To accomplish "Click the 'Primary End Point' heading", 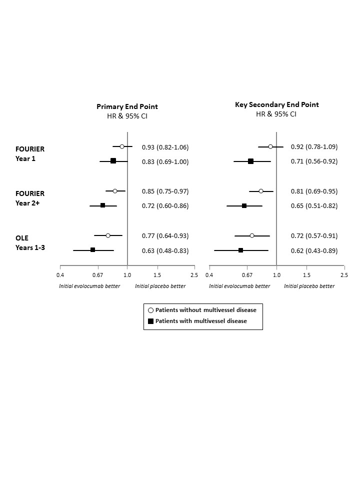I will point(127,106).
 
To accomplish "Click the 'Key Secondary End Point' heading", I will point(276,105).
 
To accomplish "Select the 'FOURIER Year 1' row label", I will point(29,153).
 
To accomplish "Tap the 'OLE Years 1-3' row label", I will point(30,242).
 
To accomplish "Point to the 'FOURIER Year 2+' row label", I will point(29,198).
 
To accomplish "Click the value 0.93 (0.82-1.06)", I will point(165,147).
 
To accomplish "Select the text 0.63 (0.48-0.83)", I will point(165,250).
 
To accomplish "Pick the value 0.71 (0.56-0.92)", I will point(314,161).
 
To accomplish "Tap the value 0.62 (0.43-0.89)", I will point(314,250).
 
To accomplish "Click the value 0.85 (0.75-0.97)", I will point(165,191).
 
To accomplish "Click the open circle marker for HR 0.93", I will point(122,146).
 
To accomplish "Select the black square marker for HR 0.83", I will point(113,161).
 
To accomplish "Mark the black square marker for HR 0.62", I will point(240,250).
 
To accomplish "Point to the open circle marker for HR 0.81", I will point(261,191).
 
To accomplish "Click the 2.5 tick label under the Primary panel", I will point(194,275).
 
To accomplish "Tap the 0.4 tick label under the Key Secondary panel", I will point(209,275).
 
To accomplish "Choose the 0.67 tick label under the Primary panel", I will point(97,275).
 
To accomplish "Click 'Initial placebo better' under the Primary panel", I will point(160,286).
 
